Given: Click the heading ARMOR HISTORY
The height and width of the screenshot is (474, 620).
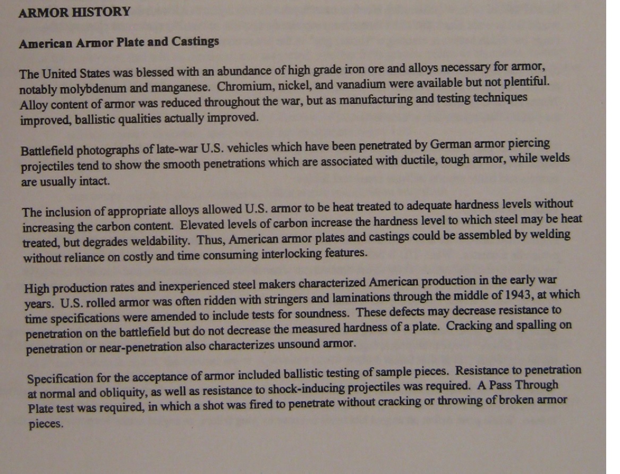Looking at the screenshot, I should [74, 12].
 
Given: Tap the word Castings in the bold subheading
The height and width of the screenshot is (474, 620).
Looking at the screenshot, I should [195, 41].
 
